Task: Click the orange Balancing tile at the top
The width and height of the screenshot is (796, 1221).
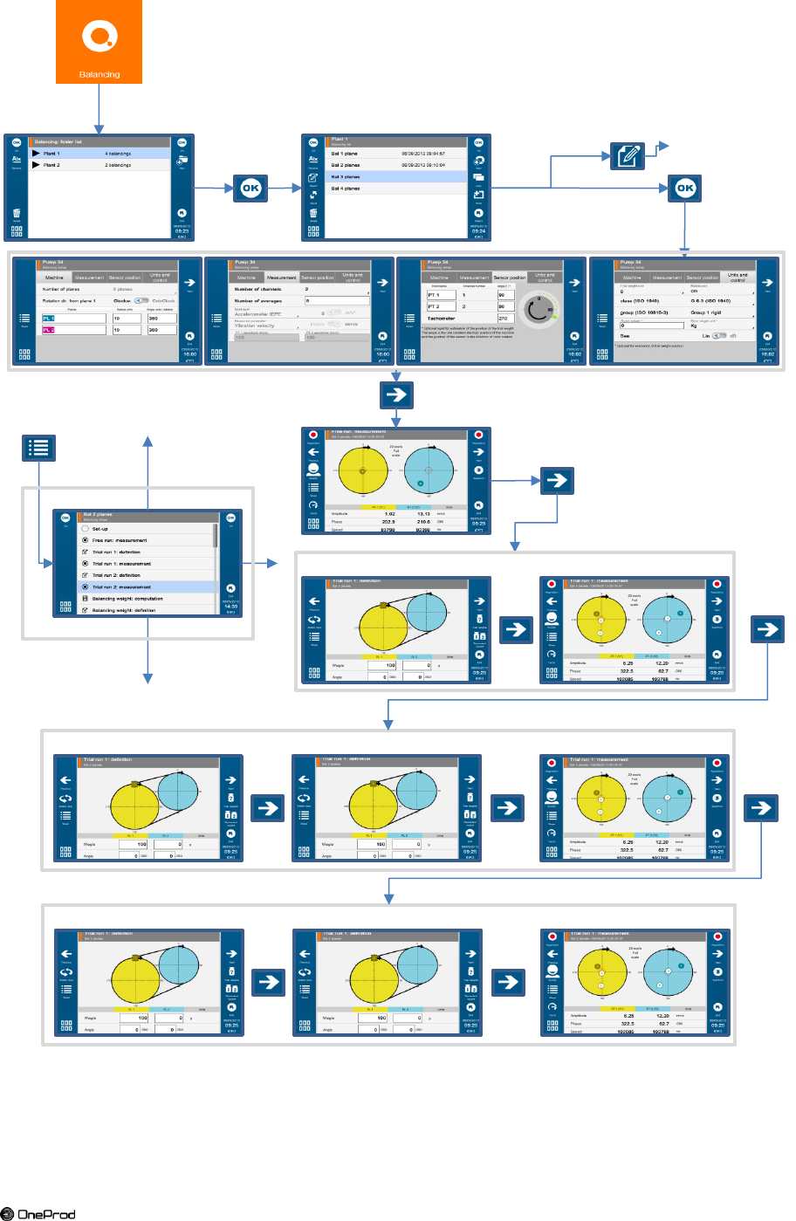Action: tap(99, 42)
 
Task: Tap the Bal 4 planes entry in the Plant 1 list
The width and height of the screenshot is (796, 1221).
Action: tap(397, 189)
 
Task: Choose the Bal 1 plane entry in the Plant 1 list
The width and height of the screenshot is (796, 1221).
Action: tap(397, 154)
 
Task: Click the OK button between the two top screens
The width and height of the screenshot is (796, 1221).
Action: tap(250, 188)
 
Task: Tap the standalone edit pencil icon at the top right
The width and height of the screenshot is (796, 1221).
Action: tap(628, 156)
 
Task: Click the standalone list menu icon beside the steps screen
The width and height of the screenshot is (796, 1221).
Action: tap(38, 448)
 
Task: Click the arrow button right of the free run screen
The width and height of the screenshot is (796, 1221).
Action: tap(557, 479)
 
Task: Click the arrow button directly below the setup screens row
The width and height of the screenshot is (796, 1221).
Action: tap(396, 394)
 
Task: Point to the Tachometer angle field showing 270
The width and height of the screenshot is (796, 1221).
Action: tap(504, 319)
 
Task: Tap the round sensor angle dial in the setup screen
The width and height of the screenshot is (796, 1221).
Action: tap(540, 307)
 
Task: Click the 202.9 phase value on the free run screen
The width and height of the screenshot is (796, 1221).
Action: tap(388, 522)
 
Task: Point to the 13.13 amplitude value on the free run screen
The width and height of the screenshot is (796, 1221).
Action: tap(424, 514)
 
